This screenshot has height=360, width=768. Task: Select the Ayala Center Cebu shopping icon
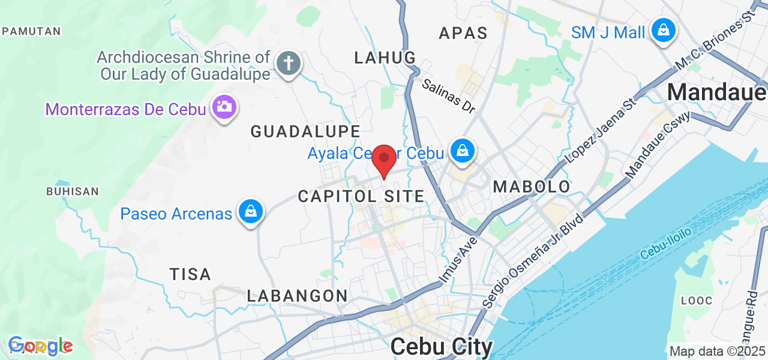pyautogui.click(x=463, y=151)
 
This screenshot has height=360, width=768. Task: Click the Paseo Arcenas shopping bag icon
pyautogui.click(x=251, y=212)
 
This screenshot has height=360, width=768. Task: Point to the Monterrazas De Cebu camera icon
pyautogui.click(x=225, y=108)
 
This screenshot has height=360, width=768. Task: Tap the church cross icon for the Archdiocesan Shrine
pyautogui.click(x=289, y=63)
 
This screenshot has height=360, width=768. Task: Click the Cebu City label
pyautogui.click(x=442, y=347)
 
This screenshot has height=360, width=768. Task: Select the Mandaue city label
pyautogui.click(x=716, y=92)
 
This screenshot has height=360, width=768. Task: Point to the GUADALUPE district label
pyautogui.click(x=305, y=131)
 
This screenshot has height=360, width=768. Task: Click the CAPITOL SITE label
pyautogui.click(x=361, y=196)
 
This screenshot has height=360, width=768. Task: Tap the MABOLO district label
pyautogui.click(x=532, y=187)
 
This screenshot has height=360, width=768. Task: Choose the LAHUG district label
pyautogui.click(x=385, y=58)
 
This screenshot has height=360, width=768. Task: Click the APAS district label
pyautogui.click(x=463, y=33)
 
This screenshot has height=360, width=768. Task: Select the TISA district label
pyautogui.click(x=190, y=275)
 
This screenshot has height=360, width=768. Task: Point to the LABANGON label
pyautogui.click(x=298, y=296)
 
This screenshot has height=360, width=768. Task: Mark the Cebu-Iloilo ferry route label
pyautogui.click(x=665, y=242)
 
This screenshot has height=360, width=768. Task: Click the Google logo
pyautogui.click(x=40, y=346)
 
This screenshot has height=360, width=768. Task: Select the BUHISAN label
pyautogui.click(x=72, y=191)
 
